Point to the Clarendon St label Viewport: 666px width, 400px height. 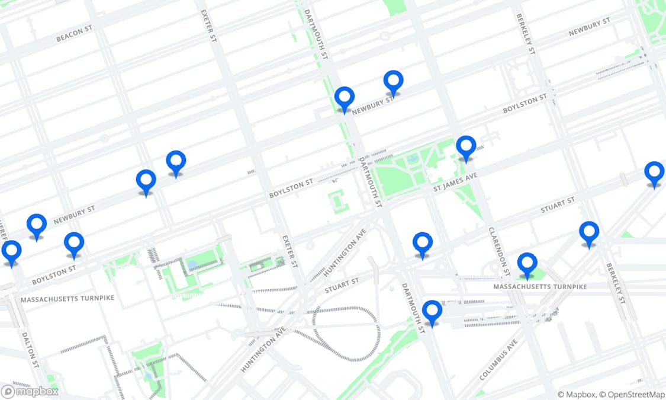tap(499, 251)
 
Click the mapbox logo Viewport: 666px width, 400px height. tap(30, 391)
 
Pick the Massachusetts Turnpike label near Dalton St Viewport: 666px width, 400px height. tap(67, 299)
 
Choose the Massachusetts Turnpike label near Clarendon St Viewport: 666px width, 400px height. tap(540, 287)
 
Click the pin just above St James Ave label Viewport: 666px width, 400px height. tap(466, 147)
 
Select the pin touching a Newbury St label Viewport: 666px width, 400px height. tap(344, 98)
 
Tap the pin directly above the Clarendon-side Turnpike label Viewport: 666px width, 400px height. tap(527, 264)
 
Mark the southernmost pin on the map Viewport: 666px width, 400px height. tap(432, 312)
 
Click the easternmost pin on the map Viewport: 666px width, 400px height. tap(654, 173)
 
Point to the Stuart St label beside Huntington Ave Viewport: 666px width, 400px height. tap(342, 286)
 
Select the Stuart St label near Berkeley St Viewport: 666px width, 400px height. tap(558, 205)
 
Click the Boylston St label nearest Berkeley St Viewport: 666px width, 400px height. tap(525, 104)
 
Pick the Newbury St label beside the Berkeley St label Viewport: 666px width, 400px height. tap(589, 27)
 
